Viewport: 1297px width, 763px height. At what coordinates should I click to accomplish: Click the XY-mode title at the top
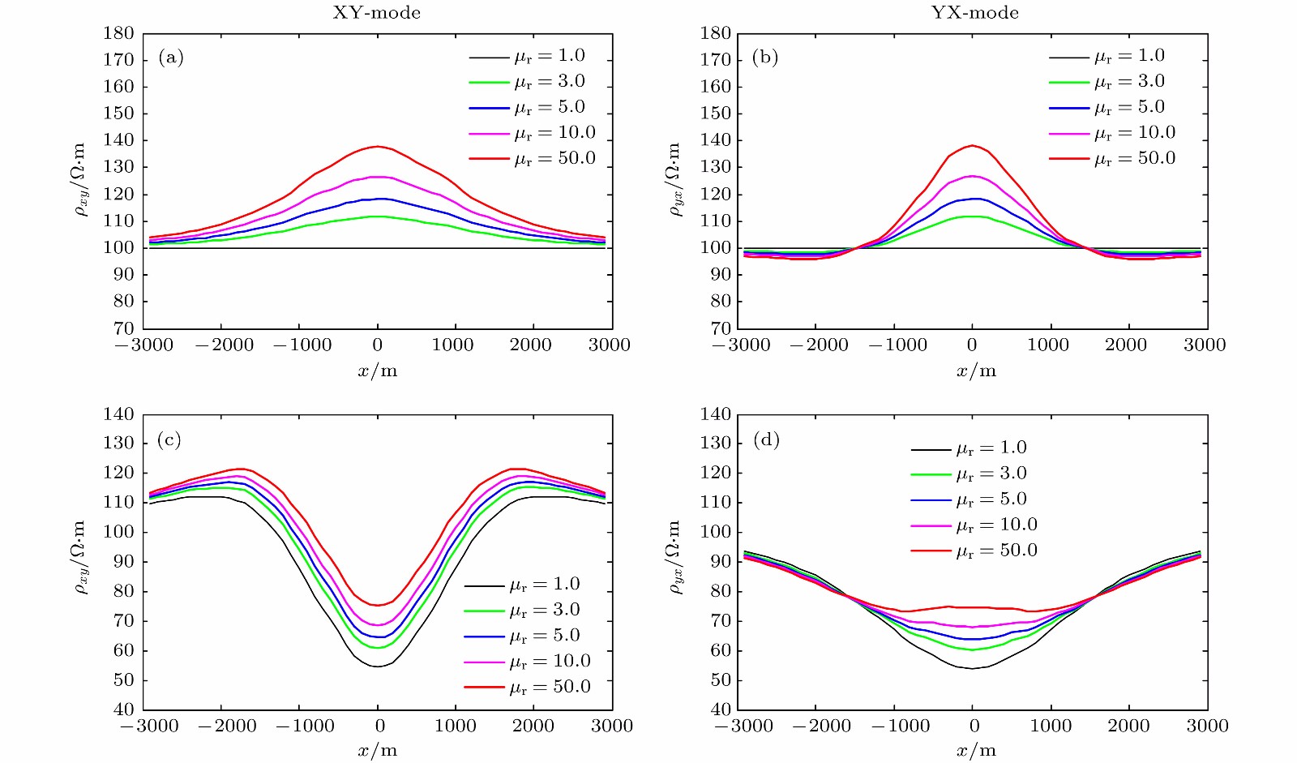tap(376, 12)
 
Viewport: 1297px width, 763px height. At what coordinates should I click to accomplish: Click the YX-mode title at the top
tap(974, 12)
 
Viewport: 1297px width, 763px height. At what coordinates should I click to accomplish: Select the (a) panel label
tap(171, 57)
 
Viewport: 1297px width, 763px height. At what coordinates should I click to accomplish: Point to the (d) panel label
tap(766, 439)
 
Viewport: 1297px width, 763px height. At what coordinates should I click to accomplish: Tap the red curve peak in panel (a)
tap(378, 147)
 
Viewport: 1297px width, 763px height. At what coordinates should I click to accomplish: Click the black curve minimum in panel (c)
tap(378, 667)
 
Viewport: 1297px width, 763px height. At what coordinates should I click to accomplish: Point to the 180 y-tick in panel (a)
tap(118, 33)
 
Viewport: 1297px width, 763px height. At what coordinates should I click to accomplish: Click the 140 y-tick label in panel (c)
tap(118, 414)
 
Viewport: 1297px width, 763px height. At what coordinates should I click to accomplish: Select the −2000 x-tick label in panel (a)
tap(225, 345)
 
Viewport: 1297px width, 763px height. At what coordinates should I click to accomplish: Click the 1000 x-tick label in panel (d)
tap(1050, 726)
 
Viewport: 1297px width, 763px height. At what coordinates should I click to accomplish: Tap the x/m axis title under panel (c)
tap(378, 750)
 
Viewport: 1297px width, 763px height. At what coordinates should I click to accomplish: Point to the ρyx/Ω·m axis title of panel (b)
tap(674, 180)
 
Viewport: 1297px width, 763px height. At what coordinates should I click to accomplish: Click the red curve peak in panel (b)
tap(973, 146)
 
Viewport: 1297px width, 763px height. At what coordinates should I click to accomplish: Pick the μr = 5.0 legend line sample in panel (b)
tap(1068, 108)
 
